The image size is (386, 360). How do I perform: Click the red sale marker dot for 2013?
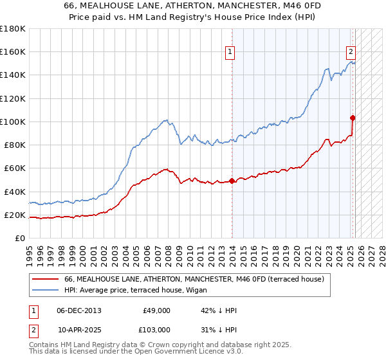(232, 181)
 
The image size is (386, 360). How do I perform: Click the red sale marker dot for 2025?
(353, 118)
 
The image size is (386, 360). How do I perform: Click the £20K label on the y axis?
(15, 215)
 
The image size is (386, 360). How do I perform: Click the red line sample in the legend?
(44, 279)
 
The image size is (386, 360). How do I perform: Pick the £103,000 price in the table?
(157, 329)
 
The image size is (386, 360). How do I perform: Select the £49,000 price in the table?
(157, 310)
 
